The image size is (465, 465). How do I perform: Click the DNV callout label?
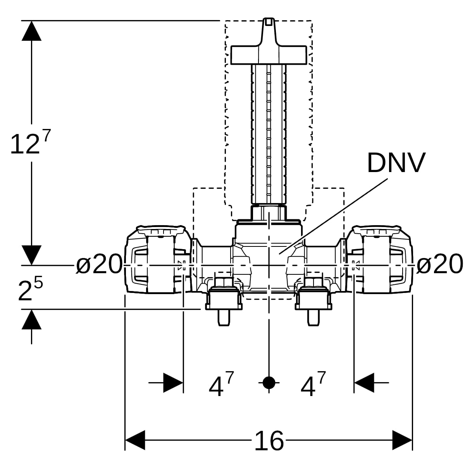pos(396,162)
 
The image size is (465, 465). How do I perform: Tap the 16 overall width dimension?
pos(269,440)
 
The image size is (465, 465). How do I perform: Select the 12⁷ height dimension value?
pos(30,142)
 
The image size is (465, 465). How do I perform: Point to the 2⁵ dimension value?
pos(30,289)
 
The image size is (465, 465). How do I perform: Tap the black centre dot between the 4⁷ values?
pos(269,382)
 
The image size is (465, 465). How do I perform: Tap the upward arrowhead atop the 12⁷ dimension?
pos(31,31)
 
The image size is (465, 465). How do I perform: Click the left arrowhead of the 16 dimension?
pos(135,440)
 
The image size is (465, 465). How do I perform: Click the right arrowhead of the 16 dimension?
pos(402,440)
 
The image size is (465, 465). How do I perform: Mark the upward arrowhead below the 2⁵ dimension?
pos(31,319)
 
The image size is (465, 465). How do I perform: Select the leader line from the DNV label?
pos(333,216)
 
